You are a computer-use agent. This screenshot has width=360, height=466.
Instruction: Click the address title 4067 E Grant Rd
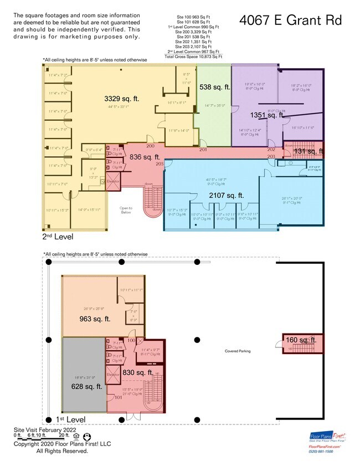tap(291, 21)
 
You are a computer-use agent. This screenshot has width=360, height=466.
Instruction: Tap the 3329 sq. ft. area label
tap(123, 99)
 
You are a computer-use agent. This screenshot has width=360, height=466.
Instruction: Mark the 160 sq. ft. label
tap(300, 339)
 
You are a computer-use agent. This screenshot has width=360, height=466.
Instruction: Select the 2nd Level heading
tap(58, 235)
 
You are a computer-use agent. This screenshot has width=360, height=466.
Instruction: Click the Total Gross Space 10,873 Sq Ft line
tap(194, 57)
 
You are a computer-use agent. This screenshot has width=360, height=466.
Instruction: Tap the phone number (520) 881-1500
tap(322, 452)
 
